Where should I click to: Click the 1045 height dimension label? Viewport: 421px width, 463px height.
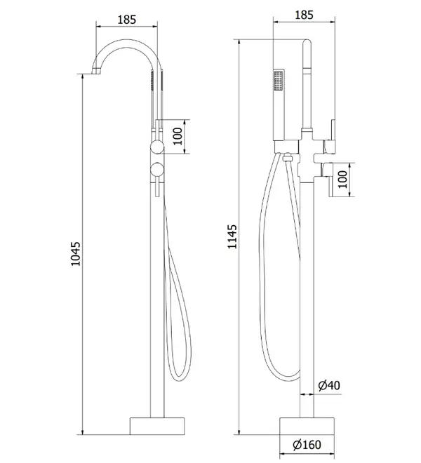tap(75, 254)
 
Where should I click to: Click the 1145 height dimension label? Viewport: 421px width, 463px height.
tap(232, 237)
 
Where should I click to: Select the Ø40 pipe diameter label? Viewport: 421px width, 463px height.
tap(329, 385)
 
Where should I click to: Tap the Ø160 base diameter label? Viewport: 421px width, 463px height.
tap(307, 445)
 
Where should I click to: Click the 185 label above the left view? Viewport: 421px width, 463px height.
tap(127, 20)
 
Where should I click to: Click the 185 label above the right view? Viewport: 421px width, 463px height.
tap(304, 15)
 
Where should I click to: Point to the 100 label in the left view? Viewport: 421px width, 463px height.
tap(178, 136)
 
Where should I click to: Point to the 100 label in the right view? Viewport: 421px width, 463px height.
tap(342, 179)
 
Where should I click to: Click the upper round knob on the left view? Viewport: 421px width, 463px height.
tap(157, 147)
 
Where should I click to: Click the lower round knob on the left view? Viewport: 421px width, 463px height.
tap(157, 169)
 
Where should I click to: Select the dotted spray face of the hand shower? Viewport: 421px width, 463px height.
tap(279, 81)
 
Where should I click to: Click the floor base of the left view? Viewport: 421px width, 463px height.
tap(157, 426)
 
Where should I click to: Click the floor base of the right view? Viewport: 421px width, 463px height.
tap(307, 426)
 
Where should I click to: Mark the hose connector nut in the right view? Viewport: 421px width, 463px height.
tap(287, 157)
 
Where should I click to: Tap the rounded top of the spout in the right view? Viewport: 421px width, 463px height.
tap(307, 42)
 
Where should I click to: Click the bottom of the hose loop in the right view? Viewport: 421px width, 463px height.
tap(286, 378)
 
